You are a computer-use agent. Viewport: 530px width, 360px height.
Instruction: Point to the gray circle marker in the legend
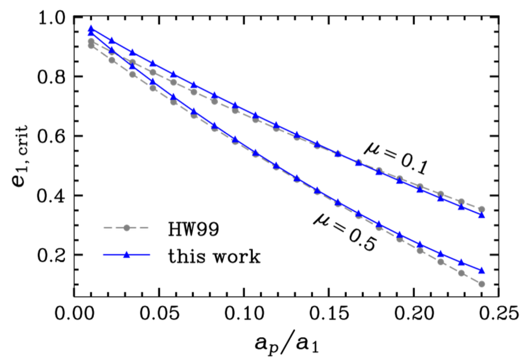click(x=126, y=228)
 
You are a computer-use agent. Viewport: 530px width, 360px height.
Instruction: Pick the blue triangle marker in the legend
click(x=126, y=255)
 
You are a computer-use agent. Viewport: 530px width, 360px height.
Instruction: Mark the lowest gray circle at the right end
click(x=482, y=284)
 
